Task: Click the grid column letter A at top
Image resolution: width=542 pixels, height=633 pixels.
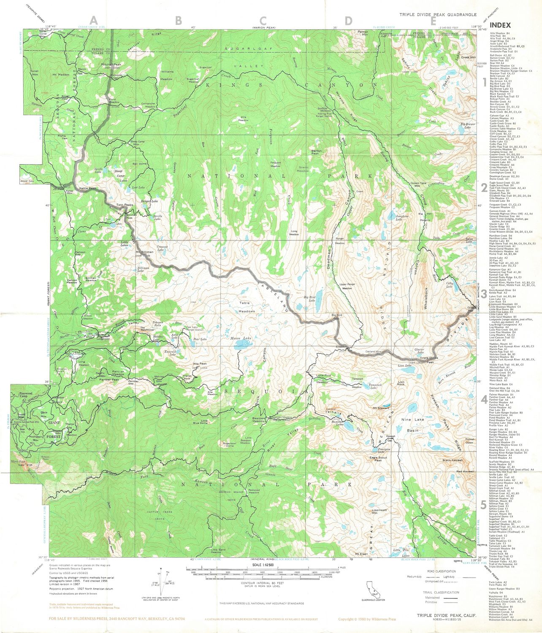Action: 93,20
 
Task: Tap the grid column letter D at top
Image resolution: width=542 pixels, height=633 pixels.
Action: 348,20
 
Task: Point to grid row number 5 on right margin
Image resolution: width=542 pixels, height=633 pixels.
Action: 484,505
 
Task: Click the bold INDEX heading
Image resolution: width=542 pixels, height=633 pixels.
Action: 500,25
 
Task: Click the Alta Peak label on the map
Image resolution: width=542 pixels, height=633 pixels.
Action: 200,364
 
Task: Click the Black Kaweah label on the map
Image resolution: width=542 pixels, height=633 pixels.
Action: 453,460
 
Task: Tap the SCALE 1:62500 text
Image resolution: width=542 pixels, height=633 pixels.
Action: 263,565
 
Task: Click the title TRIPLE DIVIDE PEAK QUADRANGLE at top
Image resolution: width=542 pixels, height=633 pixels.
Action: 439,15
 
